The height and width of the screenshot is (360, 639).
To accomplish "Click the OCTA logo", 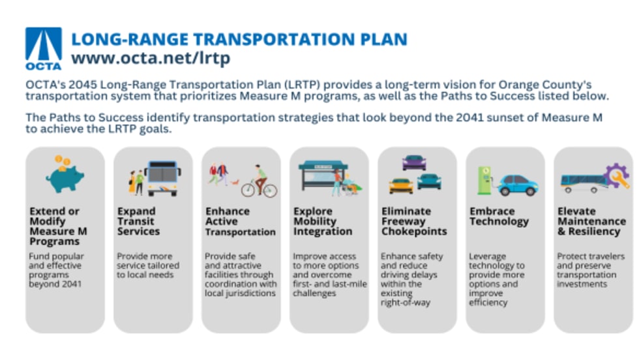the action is [44, 49].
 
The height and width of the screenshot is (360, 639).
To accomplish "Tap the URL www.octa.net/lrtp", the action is [151, 58].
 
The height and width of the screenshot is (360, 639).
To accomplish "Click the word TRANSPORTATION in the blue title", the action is [274, 39].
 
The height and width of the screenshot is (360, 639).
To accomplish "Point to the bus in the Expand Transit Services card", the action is [162, 179].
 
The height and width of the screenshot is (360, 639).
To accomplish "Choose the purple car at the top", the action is [414, 162].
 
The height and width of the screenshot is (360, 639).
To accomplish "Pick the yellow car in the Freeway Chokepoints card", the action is [401, 186].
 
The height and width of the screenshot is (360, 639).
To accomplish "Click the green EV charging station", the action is [484, 181].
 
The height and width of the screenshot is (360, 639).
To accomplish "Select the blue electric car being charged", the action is [517, 185].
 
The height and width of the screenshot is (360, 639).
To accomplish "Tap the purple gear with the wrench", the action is [617, 175].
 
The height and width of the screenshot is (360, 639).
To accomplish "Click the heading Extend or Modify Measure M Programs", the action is [58, 226].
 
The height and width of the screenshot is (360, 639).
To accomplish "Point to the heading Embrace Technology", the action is [499, 217].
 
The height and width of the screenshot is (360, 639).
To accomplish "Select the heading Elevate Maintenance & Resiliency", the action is [591, 221].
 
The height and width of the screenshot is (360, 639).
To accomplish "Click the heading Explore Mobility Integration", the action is [323, 221].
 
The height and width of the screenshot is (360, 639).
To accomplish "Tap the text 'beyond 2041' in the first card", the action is [55, 284].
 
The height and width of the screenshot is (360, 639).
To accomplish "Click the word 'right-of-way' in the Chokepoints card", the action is [405, 303].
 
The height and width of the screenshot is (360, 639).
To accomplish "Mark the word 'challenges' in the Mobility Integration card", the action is [314, 293].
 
